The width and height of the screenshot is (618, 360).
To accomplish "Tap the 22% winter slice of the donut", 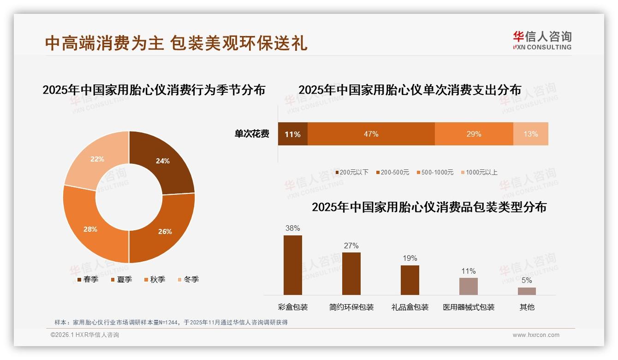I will pos(98,158).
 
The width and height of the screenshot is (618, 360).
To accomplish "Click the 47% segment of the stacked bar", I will pos(371,134).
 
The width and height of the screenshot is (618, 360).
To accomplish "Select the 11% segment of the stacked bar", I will pos(292,134).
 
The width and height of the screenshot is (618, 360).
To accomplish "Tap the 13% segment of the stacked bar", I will pos(530,134).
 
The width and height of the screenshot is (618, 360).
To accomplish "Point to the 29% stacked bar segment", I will pos(474,134).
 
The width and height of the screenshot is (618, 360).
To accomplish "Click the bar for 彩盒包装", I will pos(292,265).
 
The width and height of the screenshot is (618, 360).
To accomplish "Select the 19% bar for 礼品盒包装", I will pos(410,280).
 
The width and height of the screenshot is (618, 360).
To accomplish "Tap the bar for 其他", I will pos(527,291).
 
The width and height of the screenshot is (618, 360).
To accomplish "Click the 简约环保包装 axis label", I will pos(351,307).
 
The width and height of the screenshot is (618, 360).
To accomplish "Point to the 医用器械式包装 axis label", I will pos(469,307).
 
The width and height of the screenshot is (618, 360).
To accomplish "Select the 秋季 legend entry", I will pos(155,279).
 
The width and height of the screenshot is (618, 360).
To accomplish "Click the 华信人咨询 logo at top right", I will pos(542,41).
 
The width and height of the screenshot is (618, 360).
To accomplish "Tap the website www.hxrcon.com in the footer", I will pos(536,335).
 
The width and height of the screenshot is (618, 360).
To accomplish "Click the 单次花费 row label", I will pos(252,134).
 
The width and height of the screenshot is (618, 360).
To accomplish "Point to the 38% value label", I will pos(292,228).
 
